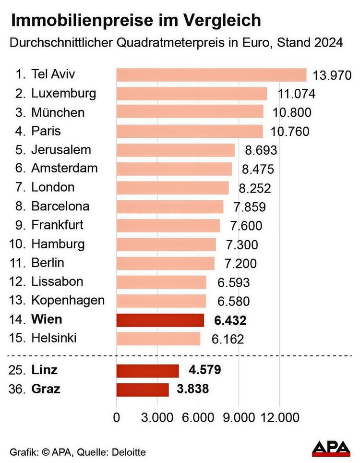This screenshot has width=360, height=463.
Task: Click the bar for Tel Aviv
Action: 211,75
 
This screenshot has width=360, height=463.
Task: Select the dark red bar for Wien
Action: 160,320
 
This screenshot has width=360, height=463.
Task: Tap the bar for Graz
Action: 142,390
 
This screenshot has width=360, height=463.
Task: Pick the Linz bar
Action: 147,371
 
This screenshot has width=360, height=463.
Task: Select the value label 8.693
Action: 261,150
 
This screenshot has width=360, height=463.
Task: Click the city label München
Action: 58,112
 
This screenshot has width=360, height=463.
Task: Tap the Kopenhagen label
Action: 68,301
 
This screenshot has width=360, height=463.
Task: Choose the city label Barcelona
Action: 60,207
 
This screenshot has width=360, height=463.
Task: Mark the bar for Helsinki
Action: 158,339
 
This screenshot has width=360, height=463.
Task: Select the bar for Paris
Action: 190,131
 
